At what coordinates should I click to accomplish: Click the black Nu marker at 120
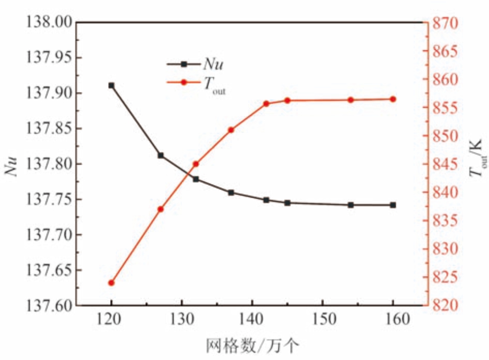[x=111, y=85]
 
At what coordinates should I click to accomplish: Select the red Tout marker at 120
[x=111, y=283]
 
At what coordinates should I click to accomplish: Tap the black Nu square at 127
[x=161, y=155]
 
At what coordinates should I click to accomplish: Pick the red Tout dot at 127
[x=161, y=209]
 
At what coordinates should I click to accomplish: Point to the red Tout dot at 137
[x=231, y=130]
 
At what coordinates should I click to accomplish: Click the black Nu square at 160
[x=393, y=205]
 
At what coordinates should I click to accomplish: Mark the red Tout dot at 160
[x=393, y=99]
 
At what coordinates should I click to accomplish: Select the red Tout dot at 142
[x=266, y=104]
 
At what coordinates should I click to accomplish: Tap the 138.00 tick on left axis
[x=44, y=23]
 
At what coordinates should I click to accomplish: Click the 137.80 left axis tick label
[x=44, y=164]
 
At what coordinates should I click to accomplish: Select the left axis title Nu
[x=12, y=164]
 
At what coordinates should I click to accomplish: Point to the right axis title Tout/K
[x=477, y=164]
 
